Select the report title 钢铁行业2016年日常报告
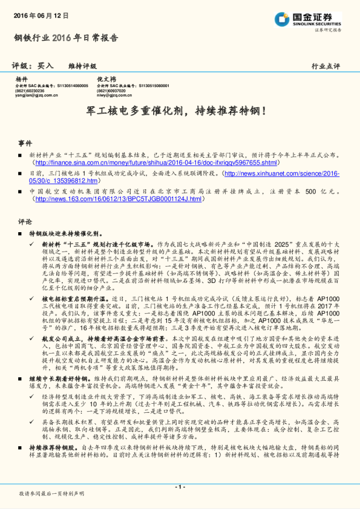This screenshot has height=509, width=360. point(66,38)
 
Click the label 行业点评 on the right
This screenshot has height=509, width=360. point(326,66)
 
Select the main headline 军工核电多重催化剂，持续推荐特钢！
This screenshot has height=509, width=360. point(180,112)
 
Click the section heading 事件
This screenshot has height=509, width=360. point(25,143)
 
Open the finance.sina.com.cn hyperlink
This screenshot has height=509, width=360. point(156,163)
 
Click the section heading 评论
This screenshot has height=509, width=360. point(25,221)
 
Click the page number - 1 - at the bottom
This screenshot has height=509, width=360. point(180,487)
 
